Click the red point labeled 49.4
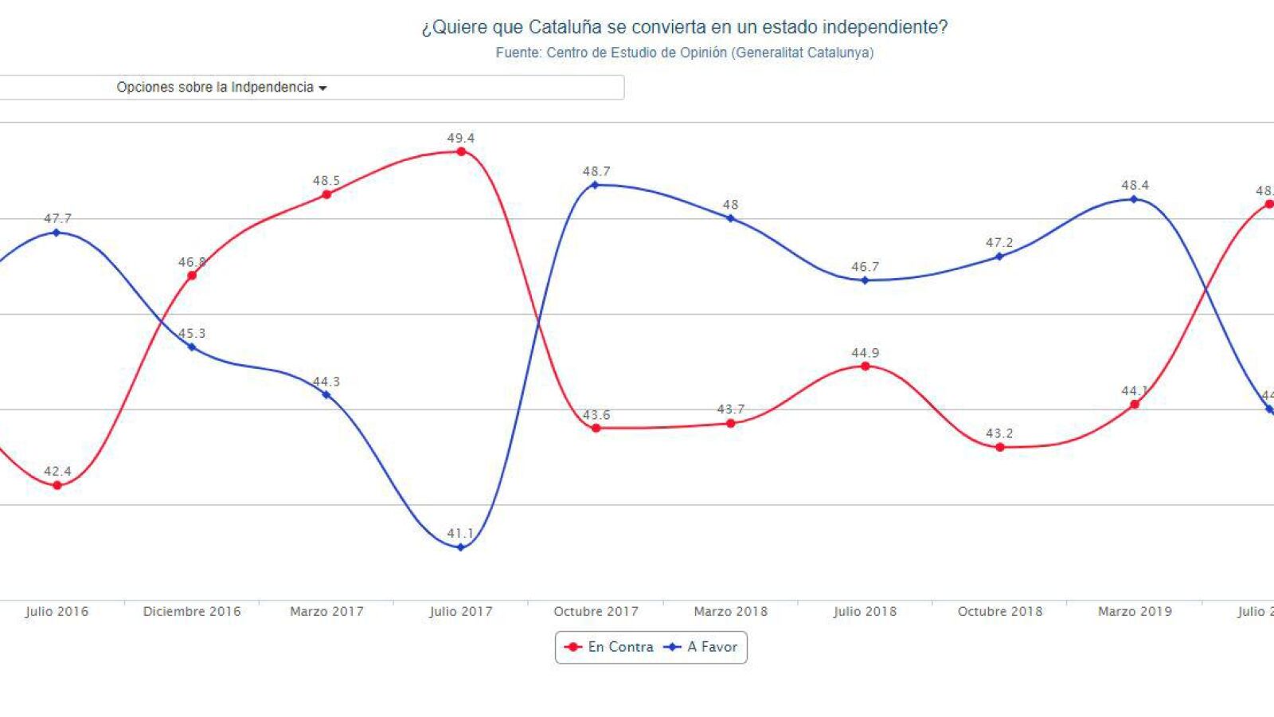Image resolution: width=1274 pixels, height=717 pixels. click(461, 151)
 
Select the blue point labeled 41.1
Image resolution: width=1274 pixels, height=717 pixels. click(460, 547)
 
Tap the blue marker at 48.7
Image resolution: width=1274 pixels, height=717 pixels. click(595, 185)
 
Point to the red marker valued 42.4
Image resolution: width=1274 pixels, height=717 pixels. click(57, 485)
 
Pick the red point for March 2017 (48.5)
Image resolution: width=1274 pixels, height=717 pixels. click(326, 194)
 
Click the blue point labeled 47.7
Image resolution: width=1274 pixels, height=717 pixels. click(56, 233)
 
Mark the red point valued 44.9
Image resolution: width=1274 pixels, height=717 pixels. click(866, 366)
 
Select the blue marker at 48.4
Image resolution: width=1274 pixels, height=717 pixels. click(1134, 199)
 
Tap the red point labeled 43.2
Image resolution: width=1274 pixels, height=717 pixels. click(1000, 448)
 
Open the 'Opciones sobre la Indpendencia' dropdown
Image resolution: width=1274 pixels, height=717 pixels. click(221, 88)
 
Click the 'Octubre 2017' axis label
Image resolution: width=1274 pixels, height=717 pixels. click(596, 612)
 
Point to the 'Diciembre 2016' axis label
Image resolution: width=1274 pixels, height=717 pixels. click(192, 612)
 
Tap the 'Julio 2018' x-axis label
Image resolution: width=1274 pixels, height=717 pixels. click(865, 612)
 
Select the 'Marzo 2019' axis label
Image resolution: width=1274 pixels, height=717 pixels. click(1135, 612)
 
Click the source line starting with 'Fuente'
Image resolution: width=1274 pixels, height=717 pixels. click(684, 53)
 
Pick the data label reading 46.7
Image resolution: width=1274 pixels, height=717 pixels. click(865, 267)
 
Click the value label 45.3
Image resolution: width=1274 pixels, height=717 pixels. click(192, 333)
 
